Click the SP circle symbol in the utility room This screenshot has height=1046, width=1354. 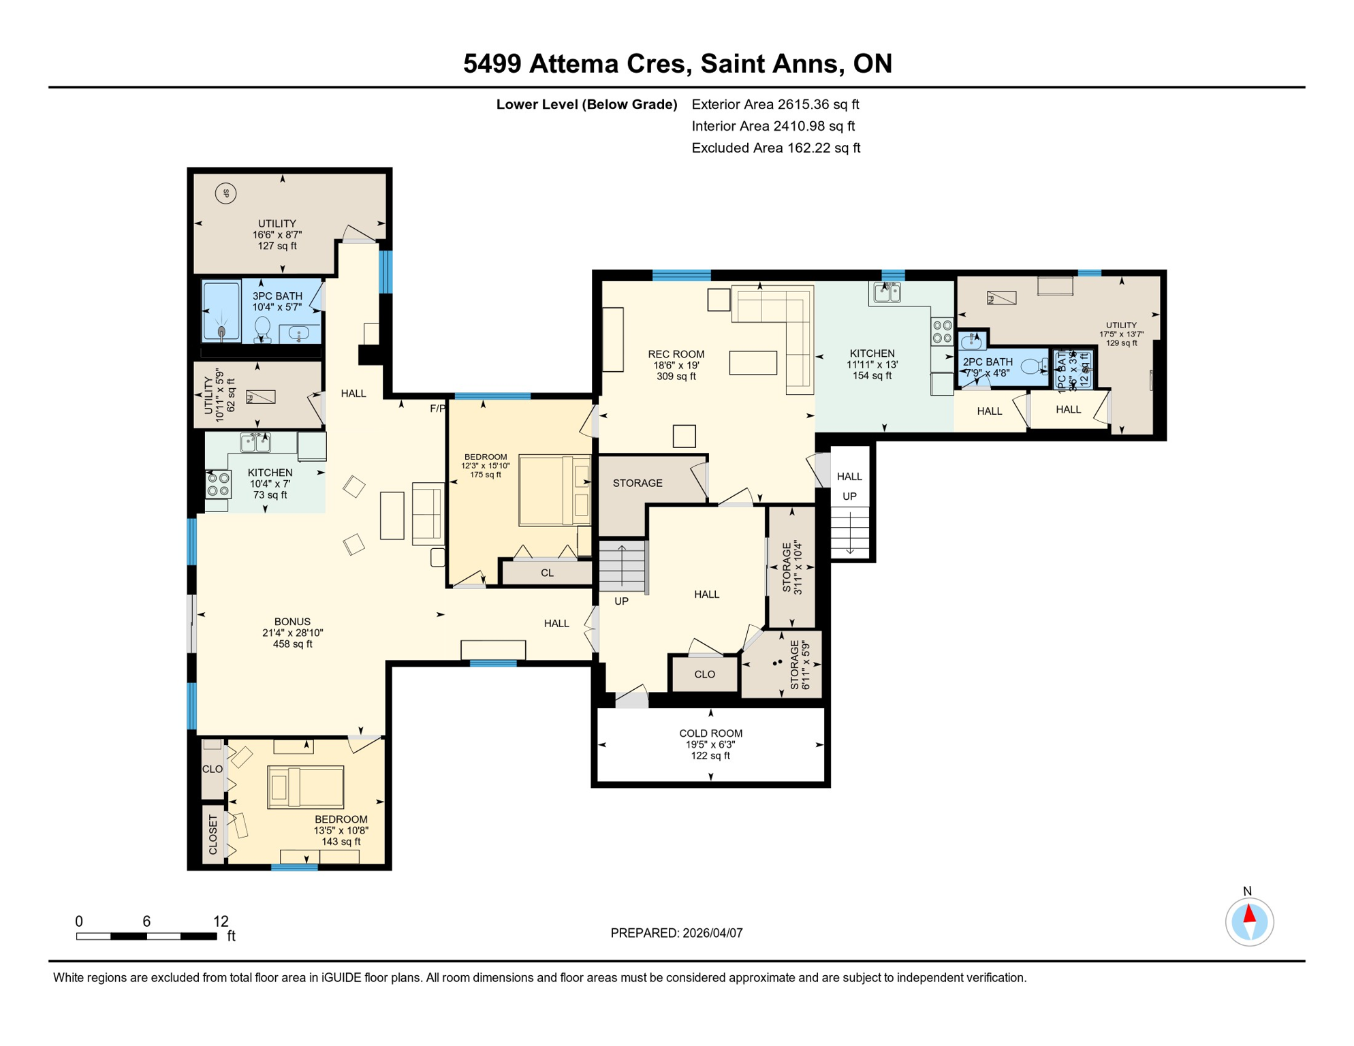tap(225, 193)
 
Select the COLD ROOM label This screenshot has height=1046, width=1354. tap(710, 733)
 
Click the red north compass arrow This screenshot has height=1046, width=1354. tap(1249, 914)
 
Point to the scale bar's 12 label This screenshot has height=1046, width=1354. tap(221, 921)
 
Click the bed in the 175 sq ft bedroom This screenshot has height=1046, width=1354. tap(554, 490)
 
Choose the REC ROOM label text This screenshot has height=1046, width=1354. tap(676, 354)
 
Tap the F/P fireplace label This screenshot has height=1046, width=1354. tap(437, 409)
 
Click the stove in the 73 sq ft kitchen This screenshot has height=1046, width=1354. tap(218, 484)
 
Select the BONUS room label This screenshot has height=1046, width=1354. tap(292, 622)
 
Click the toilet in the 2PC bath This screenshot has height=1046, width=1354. tap(1035, 367)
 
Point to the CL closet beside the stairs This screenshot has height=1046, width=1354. tap(547, 573)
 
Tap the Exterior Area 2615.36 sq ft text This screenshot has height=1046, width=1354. tap(775, 104)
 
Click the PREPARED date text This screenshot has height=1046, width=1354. tap(676, 933)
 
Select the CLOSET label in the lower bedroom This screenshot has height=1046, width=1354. tap(212, 835)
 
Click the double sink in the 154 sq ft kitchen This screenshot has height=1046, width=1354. tap(887, 293)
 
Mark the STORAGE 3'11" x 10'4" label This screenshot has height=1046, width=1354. tap(792, 568)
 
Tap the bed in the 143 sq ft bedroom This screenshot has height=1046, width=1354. tap(306, 787)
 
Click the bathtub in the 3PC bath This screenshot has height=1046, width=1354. tap(222, 311)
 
